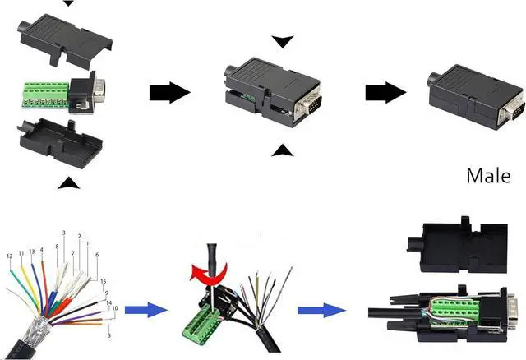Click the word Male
pyautogui.click(x=489, y=175)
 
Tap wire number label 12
pyautogui.click(x=9, y=256)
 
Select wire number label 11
pyautogui.click(x=21, y=254)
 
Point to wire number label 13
pyautogui.click(x=31, y=252)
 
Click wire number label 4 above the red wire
pyautogui.click(x=41, y=249)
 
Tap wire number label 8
pyautogui.click(x=57, y=247)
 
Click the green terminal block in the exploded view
pyautogui.click(x=45, y=96)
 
